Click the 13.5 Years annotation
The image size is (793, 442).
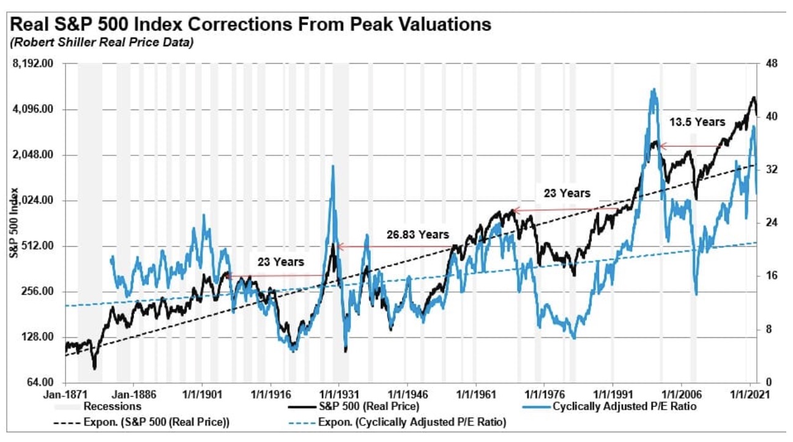click(696, 122)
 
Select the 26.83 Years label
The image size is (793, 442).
click(418, 234)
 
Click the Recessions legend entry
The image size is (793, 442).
click(113, 406)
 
